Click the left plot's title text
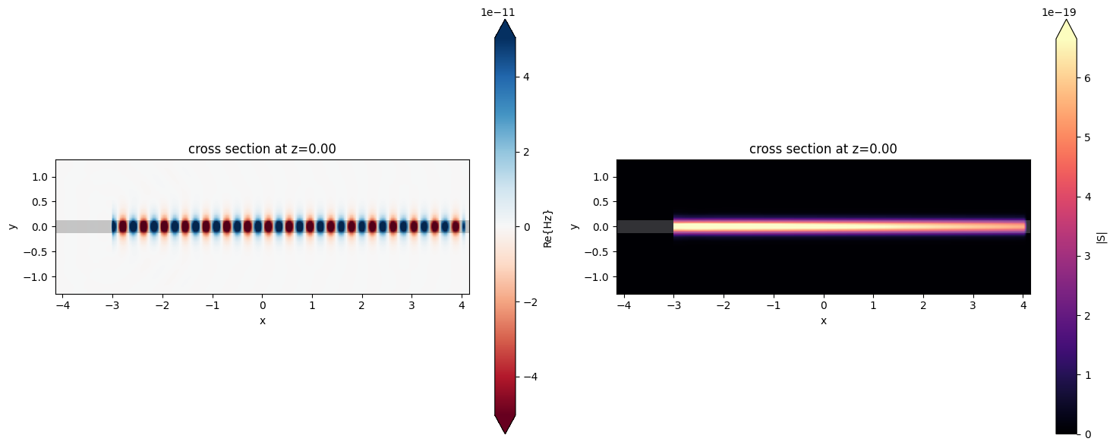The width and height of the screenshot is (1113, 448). click(262, 149)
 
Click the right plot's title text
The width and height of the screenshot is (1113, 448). click(823, 149)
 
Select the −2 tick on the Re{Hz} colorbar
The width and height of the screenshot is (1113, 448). click(532, 301)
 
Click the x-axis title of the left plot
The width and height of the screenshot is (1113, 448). click(262, 320)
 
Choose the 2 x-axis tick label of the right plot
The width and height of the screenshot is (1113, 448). click(923, 306)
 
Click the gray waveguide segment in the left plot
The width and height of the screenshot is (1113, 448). click(84, 226)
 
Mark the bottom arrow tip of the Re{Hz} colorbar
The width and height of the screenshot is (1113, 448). click(505, 433)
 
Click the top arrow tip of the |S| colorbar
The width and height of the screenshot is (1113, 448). click(1066, 19)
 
